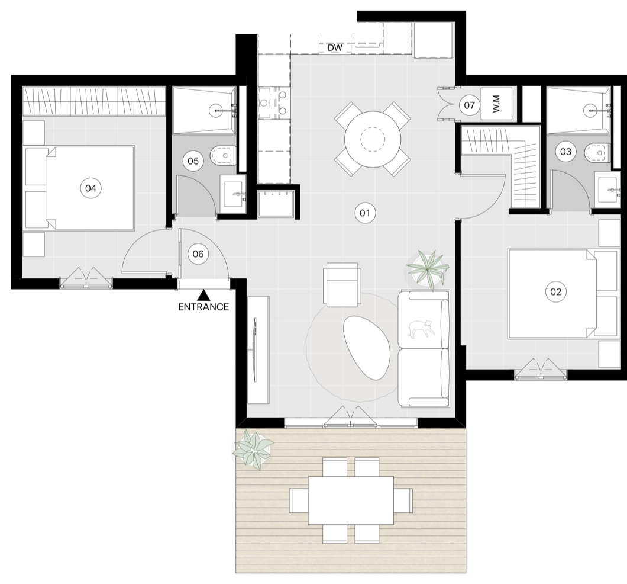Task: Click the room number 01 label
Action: point(365,213)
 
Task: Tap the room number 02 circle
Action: point(556,292)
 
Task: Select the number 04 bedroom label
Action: point(91,188)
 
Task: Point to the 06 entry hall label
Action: point(198,254)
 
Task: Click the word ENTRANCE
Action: point(203,307)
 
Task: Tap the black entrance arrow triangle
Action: point(204,296)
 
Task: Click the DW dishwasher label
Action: point(335,47)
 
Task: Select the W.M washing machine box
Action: point(496,104)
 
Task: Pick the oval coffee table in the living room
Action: point(366,348)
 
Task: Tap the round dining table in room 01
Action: point(373,139)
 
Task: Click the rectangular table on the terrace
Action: point(351,500)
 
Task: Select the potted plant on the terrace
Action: point(253,450)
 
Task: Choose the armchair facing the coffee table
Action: point(342,285)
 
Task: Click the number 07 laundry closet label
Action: point(469,105)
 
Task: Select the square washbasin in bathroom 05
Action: point(233,194)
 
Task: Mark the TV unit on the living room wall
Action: point(258,350)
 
